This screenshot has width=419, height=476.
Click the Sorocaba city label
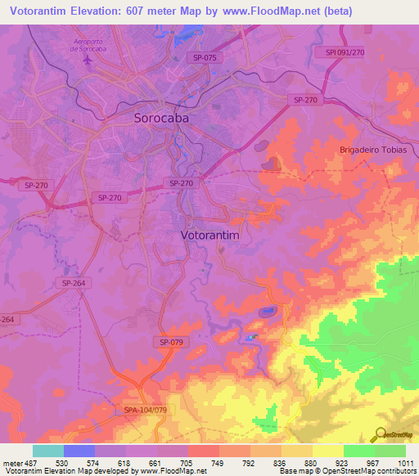tap(169, 118)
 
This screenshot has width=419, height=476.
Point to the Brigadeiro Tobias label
tap(373, 150)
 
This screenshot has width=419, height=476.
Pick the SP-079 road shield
tap(171, 342)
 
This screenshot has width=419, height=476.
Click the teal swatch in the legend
tap(48, 451)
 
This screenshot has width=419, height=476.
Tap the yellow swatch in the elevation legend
tap(328, 451)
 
